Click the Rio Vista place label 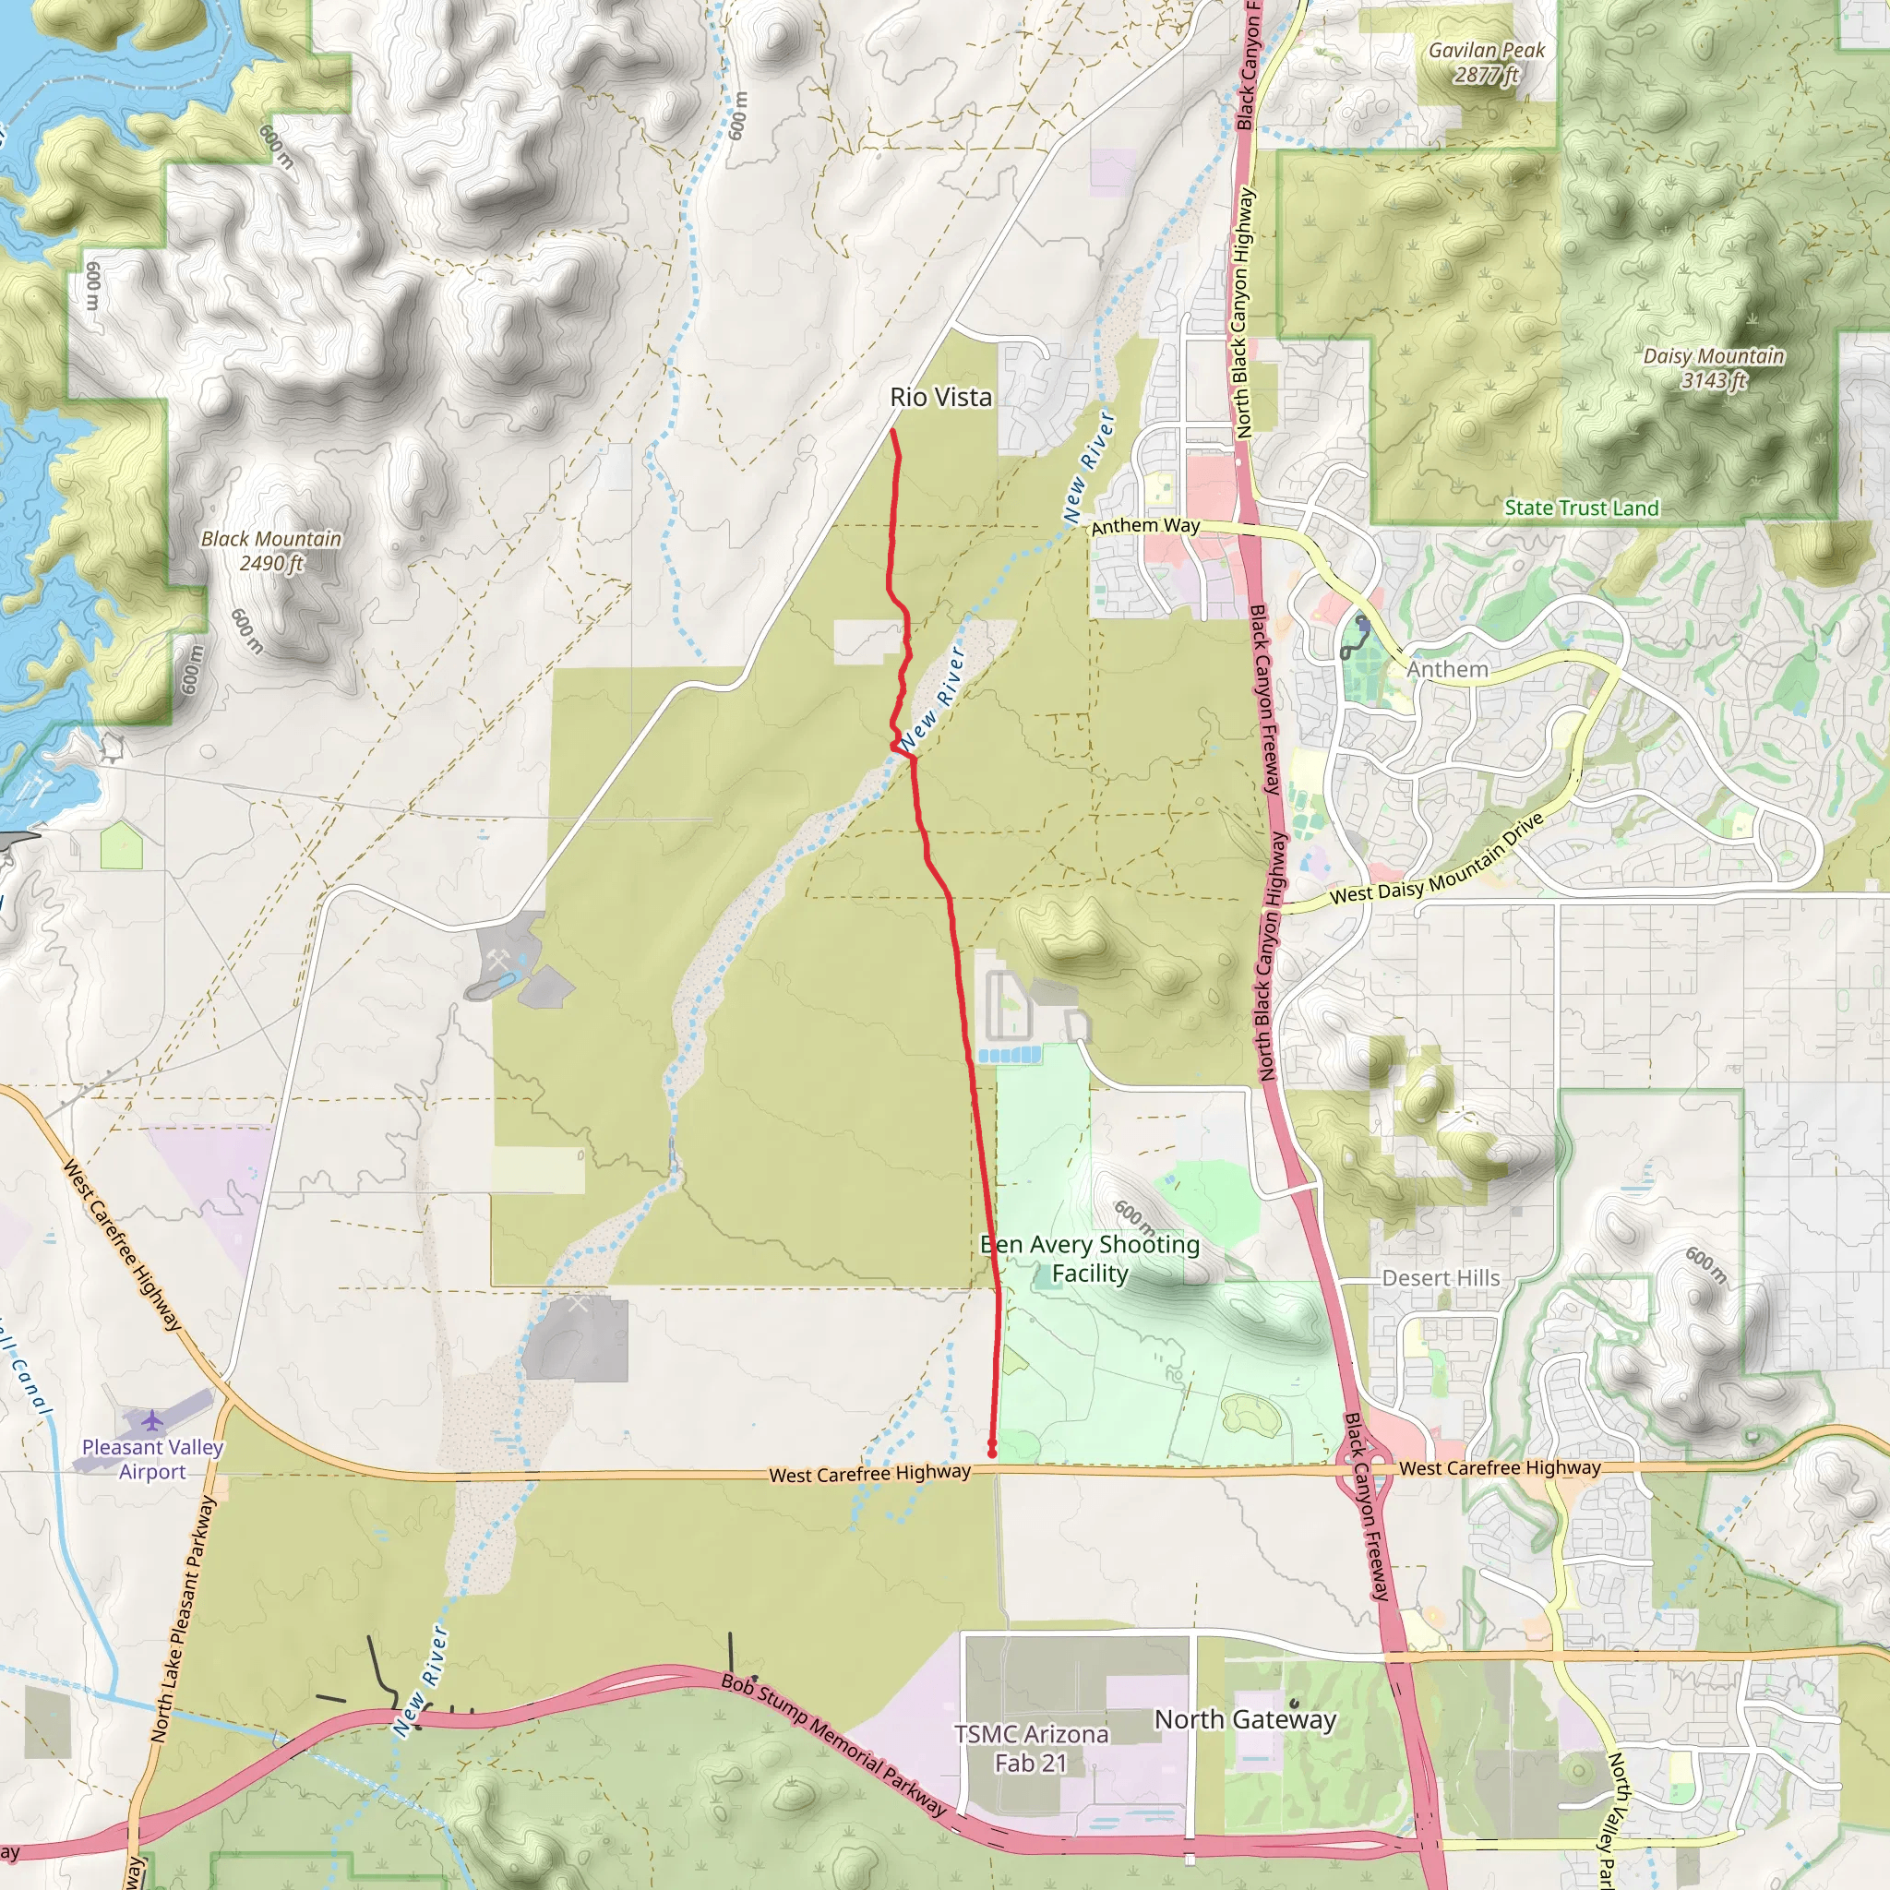(x=940, y=397)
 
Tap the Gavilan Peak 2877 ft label (x=1486, y=63)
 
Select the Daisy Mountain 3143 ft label (x=1713, y=368)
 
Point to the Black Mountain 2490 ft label (x=271, y=551)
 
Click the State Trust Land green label (x=1581, y=508)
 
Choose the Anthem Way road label (x=1144, y=526)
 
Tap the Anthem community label (x=1447, y=669)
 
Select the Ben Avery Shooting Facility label (x=1090, y=1258)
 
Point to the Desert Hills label (x=1440, y=1277)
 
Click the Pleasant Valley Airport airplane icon (x=151, y=1418)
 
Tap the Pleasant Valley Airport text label (x=152, y=1459)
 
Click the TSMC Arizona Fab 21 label (x=1031, y=1748)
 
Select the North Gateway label (x=1244, y=1718)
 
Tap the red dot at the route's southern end (x=992, y=1453)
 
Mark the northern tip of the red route (x=893, y=430)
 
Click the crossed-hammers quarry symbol (x=500, y=962)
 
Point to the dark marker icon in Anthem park (x=1362, y=622)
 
